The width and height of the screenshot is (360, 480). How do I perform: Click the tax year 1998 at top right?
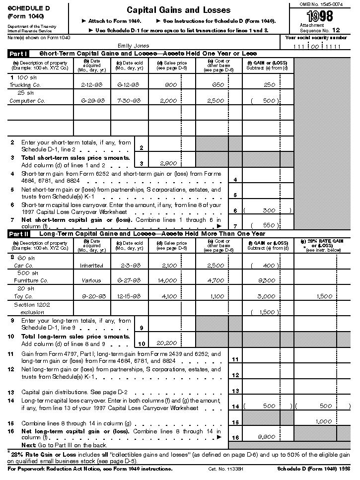(x=320, y=16)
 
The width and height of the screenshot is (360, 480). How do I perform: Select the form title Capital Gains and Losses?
(x=178, y=10)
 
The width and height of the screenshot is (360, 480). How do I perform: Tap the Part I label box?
(x=19, y=53)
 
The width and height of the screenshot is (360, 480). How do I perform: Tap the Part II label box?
(x=19, y=233)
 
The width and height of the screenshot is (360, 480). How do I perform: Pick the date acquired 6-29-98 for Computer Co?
(x=91, y=101)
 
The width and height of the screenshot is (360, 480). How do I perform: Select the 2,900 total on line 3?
(x=169, y=162)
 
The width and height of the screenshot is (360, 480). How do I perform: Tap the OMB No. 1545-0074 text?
(x=321, y=4)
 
